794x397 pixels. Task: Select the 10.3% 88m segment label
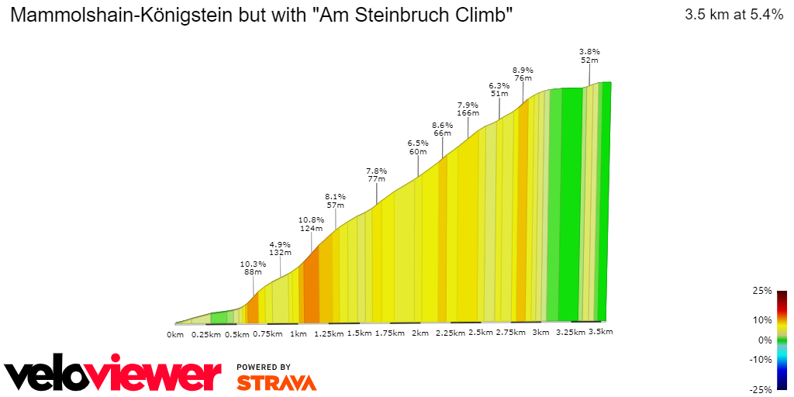tap(253, 268)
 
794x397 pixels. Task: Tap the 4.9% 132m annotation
tap(280, 248)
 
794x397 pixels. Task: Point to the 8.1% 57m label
tap(335, 201)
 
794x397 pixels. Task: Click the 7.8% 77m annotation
tap(376, 174)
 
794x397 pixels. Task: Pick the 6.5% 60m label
tap(418, 147)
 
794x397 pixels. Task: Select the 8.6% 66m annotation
tap(442, 129)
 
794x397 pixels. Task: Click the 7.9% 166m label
tap(468, 109)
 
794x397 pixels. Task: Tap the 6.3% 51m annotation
tap(499, 89)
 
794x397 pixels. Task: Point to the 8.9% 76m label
tap(523, 74)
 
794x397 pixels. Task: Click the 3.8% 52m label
tap(589, 55)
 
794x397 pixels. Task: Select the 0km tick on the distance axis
tap(175, 334)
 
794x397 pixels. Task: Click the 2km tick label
tap(420, 333)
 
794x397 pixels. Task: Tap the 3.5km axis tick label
tap(601, 332)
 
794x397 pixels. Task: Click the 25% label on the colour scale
tap(762, 291)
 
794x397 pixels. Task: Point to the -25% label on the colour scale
tap(761, 389)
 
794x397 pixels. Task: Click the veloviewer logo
tap(113, 375)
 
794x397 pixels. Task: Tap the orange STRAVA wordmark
tap(276, 382)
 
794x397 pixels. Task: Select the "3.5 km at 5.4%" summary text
tap(734, 15)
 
